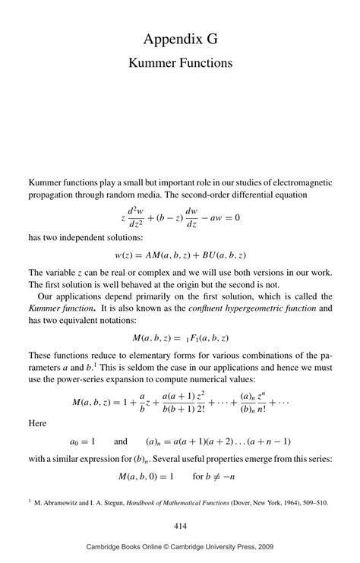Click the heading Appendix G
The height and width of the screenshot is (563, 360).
coord(180,38)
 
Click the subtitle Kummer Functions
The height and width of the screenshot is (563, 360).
coord(180,62)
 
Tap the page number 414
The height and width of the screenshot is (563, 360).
coord(180,526)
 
